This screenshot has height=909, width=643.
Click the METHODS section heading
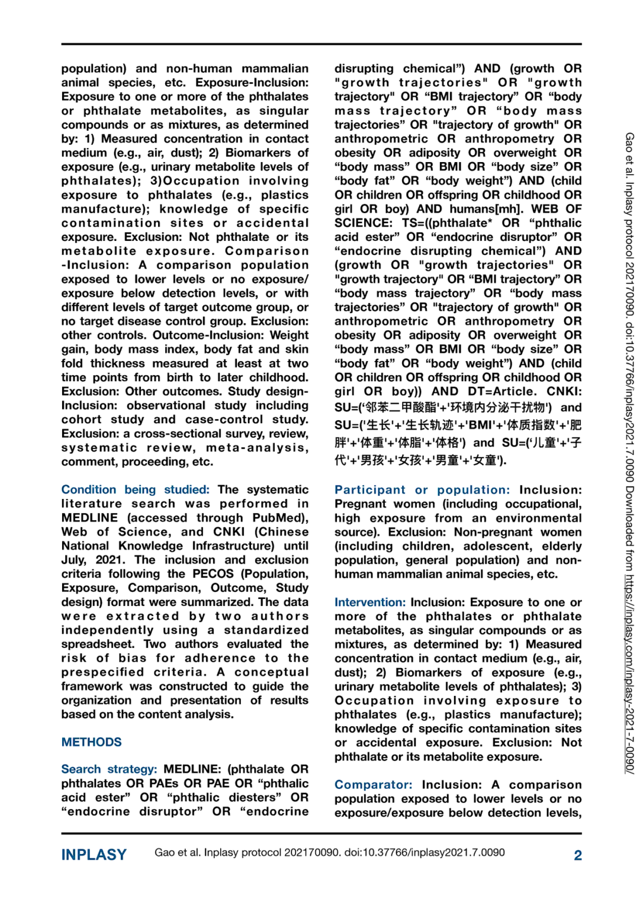pos(91,742)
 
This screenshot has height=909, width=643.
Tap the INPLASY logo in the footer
pos(94,855)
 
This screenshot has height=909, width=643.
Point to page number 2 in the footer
pos(577,855)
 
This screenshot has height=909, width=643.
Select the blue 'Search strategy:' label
pos(109,769)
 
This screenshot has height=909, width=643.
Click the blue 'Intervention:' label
pos(370,602)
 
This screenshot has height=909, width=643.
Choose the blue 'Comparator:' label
pos(373,785)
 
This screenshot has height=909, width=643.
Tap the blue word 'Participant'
pos(370,490)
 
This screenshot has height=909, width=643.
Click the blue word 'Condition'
pos(89,489)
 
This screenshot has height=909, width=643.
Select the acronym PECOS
pos(214,573)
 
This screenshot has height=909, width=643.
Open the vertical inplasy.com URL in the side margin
pos(629,675)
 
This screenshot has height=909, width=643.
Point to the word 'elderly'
pos(561,546)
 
